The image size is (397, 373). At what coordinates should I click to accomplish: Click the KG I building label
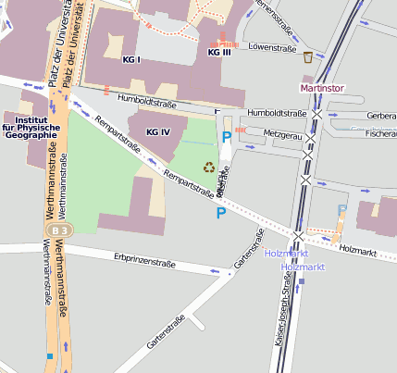click(131, 59)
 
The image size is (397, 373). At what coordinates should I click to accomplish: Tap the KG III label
click(219, 53)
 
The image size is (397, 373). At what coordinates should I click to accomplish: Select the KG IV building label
click(159, 132)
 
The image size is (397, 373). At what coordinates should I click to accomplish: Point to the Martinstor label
click(321, 88)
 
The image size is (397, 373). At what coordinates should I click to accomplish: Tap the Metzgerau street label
click(283, 135)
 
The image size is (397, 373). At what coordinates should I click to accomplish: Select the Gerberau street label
click(381, 116)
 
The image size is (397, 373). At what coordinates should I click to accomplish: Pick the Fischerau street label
click(380, 134)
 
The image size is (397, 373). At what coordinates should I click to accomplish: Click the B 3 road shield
click(61, 229)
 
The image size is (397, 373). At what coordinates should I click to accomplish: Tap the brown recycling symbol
click(209, 168)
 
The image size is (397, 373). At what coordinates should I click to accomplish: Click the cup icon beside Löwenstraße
click(307, 57)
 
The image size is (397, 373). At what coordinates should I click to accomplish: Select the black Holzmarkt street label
click(359, 249)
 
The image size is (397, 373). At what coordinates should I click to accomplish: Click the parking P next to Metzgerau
click(227, 138)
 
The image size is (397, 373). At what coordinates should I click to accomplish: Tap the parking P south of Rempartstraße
click(220, 214)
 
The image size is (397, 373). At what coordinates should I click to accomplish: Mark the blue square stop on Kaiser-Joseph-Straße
click(302, 280)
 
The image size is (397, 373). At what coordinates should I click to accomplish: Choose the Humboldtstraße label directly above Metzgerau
click(283, 113)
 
